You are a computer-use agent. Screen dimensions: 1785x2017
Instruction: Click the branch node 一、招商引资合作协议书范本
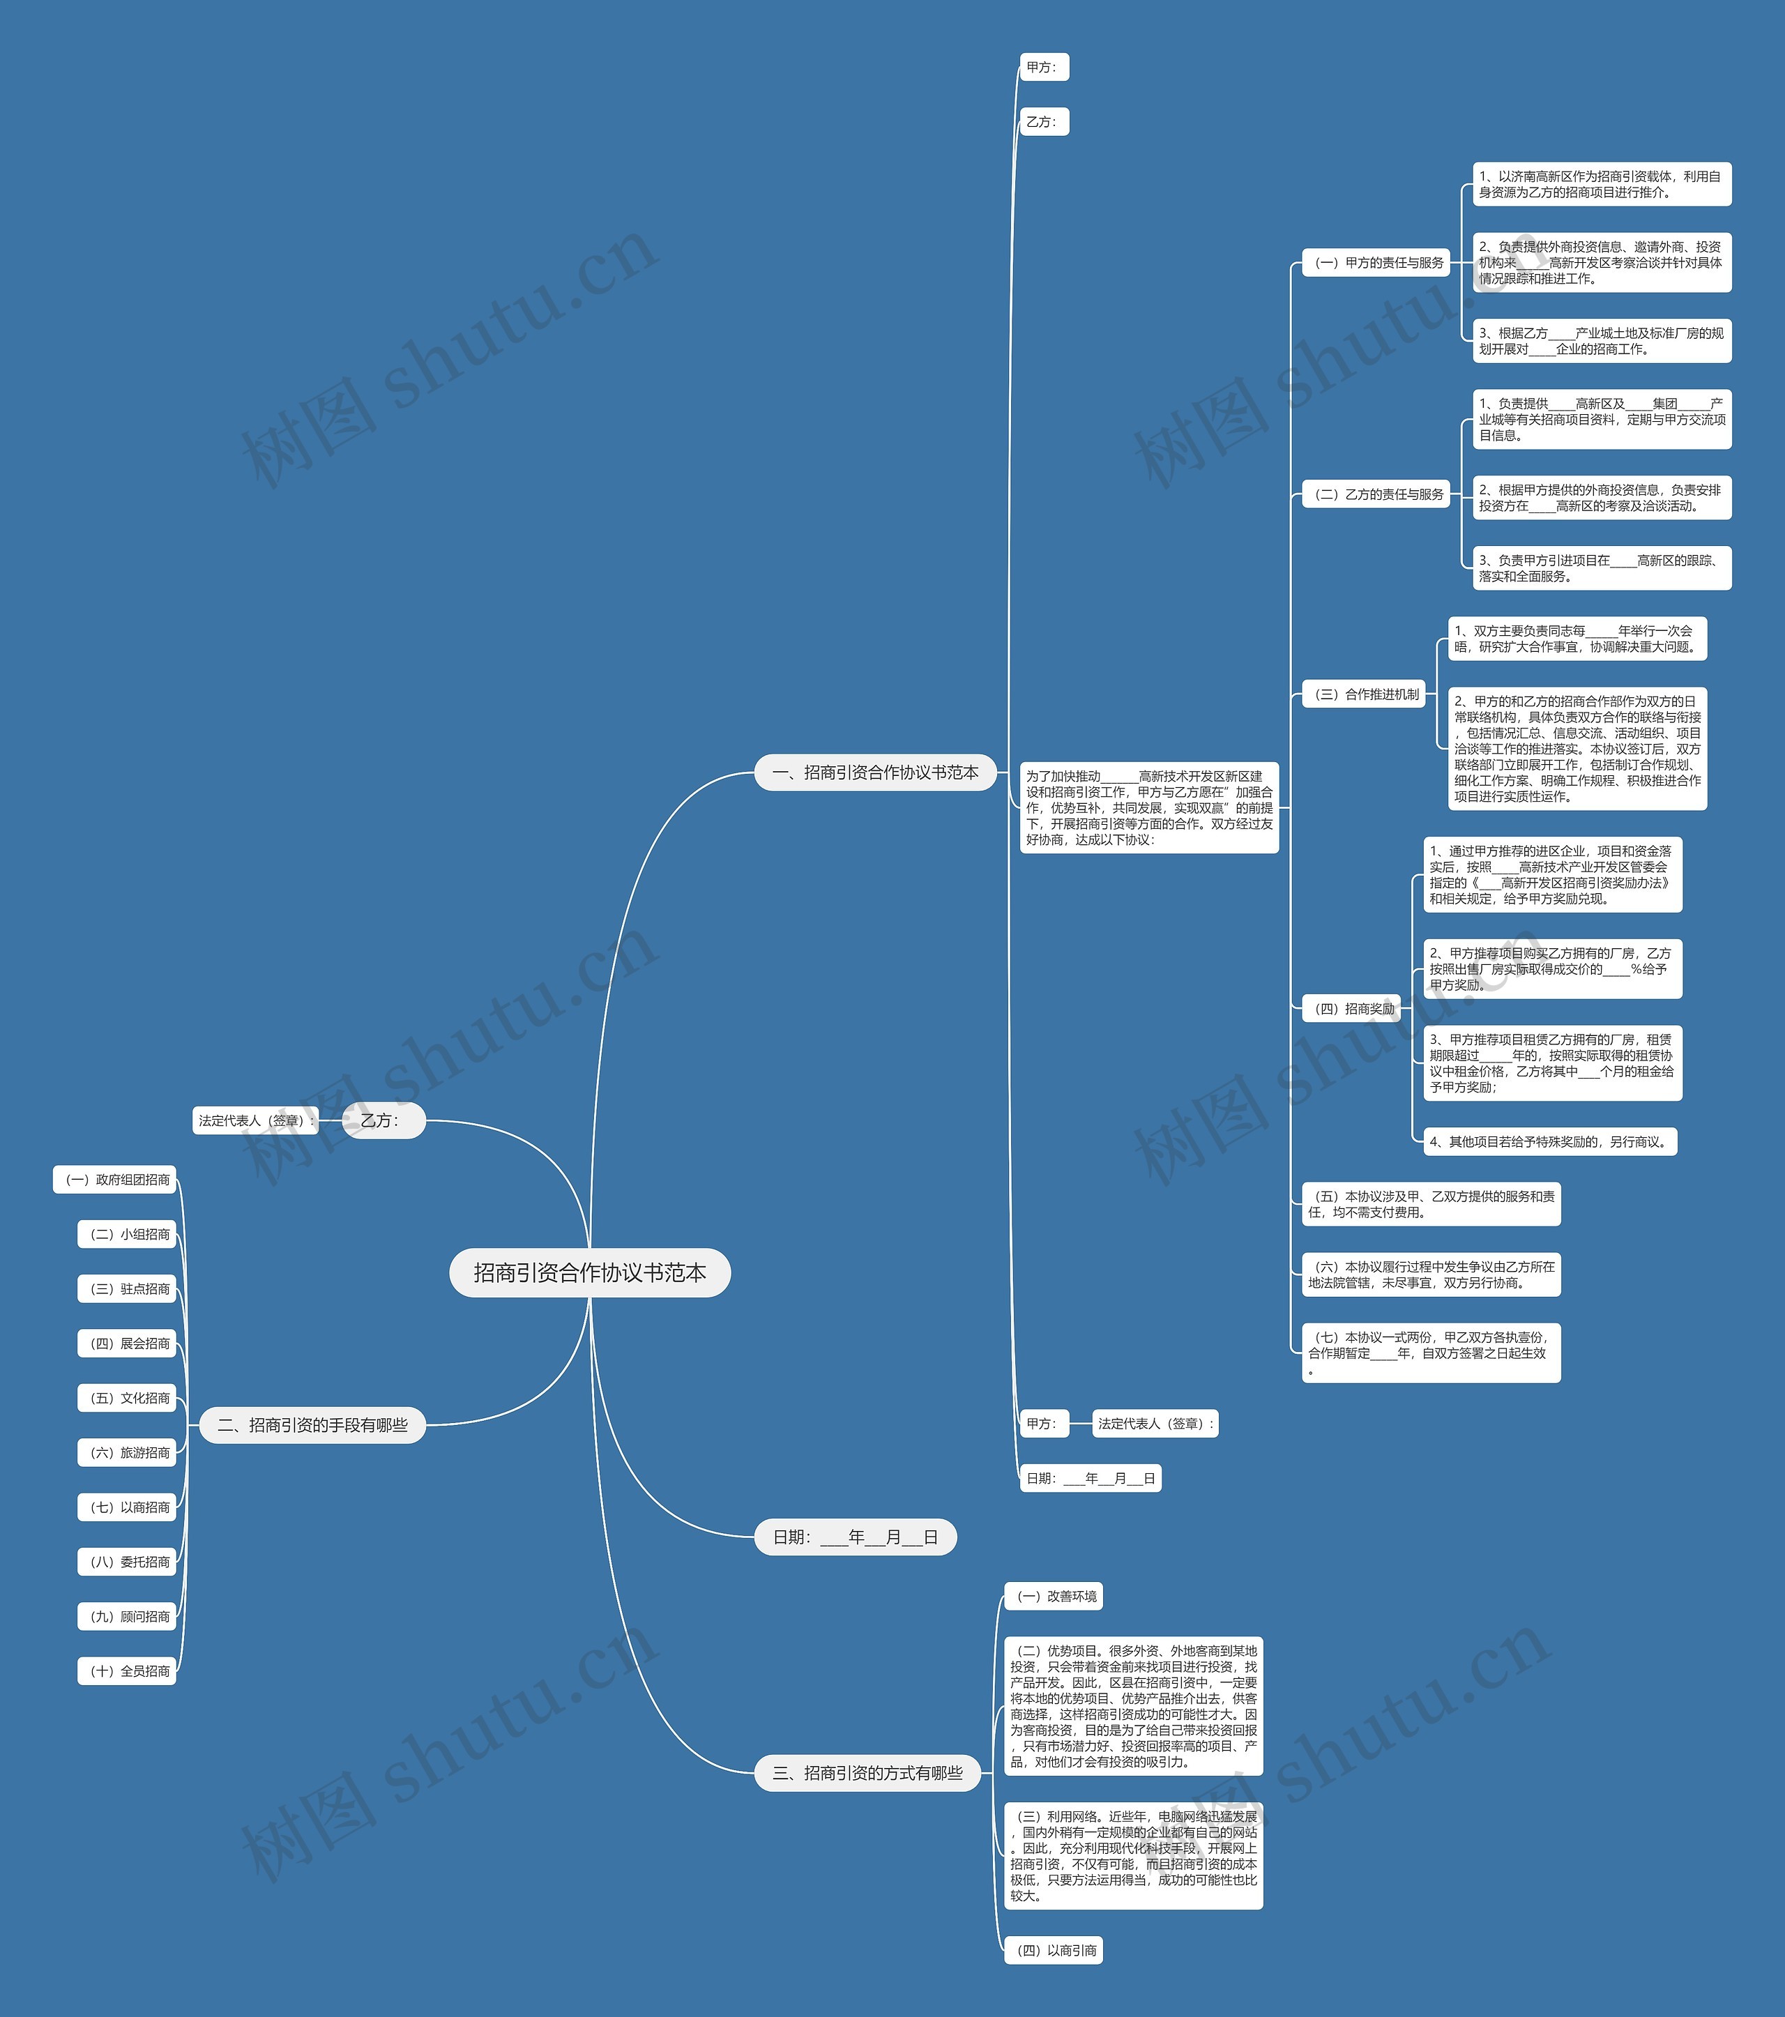tap(875, 772)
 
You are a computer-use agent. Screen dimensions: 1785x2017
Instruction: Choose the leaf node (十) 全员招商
tap(128, 1670)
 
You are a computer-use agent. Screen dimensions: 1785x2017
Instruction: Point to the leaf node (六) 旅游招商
tap(128, 1452)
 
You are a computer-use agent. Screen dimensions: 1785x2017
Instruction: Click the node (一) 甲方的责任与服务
tap(1376, 262)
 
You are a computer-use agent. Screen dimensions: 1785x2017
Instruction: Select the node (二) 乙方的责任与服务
tap(1376, 494)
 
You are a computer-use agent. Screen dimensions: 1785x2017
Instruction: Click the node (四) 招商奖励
tap(1351, 1008)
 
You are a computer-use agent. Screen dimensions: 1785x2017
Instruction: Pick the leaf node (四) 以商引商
tap(1053, 1950)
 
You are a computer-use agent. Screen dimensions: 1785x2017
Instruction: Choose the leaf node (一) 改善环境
tap(1053, 1596)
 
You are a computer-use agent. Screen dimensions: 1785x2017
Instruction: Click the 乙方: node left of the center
tap(383, 1120)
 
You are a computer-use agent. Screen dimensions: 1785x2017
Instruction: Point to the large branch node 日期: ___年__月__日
tap(855, 1537)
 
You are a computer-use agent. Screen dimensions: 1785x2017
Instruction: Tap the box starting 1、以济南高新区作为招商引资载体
tap(1602, 185)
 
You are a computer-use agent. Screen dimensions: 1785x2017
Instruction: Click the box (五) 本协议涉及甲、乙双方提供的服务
tap(1431, 1204)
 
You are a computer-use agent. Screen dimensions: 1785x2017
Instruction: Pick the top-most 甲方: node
tap(1043, 67)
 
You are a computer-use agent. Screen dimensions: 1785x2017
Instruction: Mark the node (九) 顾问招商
tap(128, 1616)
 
